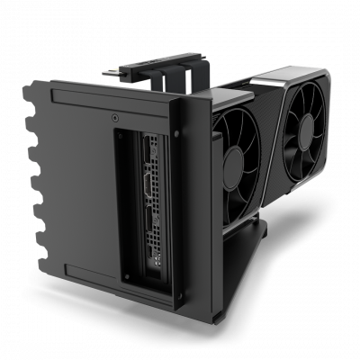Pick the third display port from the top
click(149, 220)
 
